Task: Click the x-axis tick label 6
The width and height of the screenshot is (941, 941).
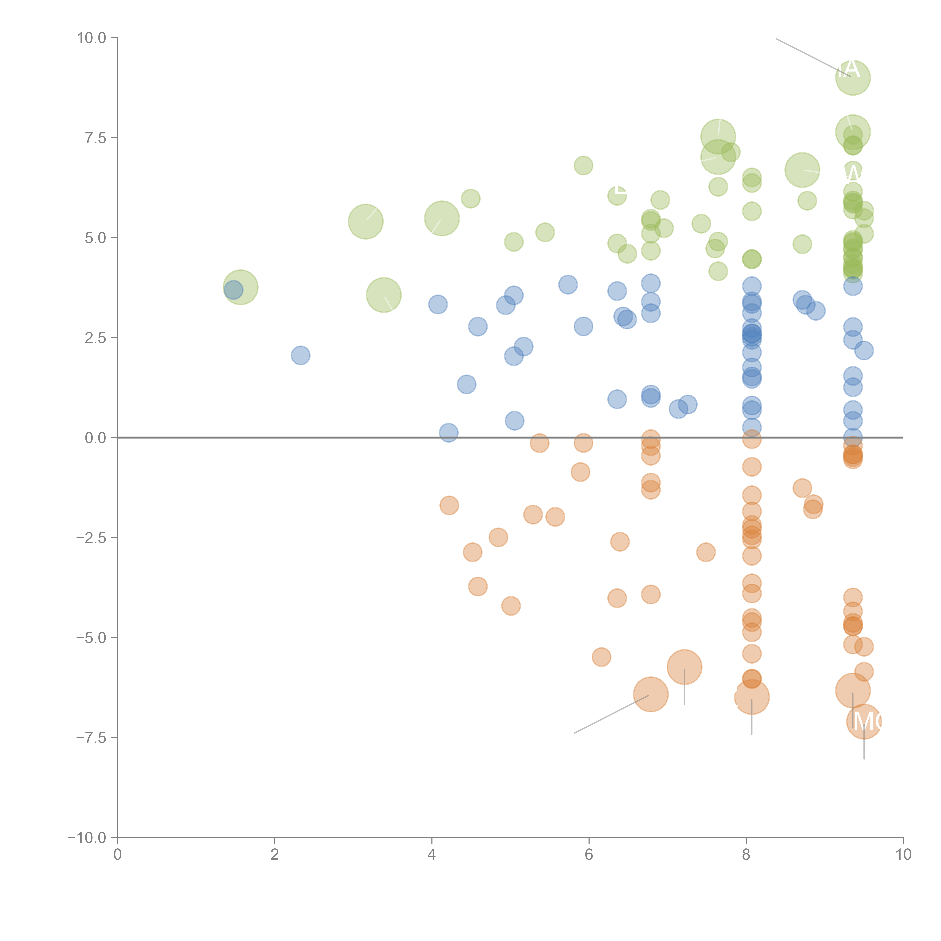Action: (x=589, y=855)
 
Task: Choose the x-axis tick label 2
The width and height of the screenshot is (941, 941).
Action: (x=275, y=855)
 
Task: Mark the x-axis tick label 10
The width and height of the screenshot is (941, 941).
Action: (x=903, y=855)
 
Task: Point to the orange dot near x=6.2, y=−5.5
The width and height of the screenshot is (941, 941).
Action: (x=601, y=657)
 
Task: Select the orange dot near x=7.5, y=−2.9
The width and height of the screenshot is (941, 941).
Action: (x=706, y=552)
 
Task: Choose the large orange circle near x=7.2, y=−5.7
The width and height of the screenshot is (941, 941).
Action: (x=684, y=667)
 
